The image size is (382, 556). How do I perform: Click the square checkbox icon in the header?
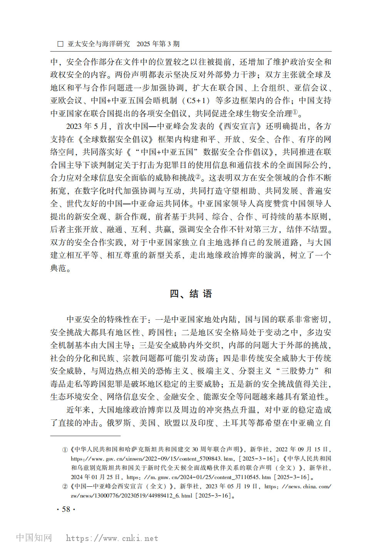click(x=60, y=44)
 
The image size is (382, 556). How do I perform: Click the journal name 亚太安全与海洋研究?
click(x=99, y=44)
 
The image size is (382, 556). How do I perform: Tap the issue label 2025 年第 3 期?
click(x=158, y=44)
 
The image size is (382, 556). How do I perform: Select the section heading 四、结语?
click(x=191, y=294)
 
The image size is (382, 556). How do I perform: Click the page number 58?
click(x=66, y=509)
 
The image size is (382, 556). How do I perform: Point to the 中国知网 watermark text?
click(x=34, y=538)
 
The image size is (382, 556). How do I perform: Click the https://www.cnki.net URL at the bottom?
click(x=112, y=538)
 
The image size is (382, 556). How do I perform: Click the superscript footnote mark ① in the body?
click(x=295, y=112)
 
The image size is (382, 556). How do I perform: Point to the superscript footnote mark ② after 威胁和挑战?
click(x=198, y=177)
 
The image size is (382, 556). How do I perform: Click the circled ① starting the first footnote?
click(x=65, y=449)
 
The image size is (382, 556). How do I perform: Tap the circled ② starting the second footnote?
click(x=65, y=487)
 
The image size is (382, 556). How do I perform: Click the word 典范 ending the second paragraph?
click(x=58, y=268)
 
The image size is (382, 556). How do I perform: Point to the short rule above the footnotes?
click(x=85, y=436)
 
